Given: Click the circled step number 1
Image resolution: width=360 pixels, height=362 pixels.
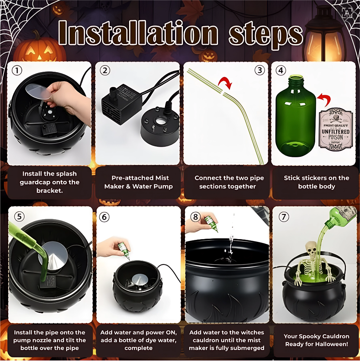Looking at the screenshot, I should coord(17,71).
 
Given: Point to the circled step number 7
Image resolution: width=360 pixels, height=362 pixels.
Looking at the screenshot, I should coord(284,217).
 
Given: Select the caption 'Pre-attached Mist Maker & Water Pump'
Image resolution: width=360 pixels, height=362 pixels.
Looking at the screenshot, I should coord(138,182).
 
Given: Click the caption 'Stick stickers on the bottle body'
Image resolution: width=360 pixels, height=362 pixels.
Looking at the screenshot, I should coord(316,182).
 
